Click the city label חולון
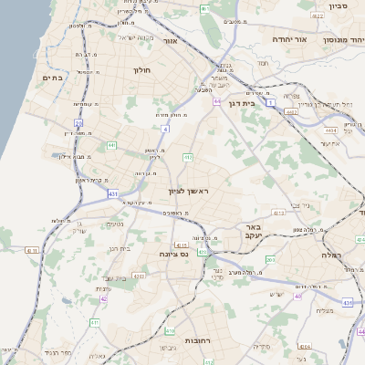pos(141,69)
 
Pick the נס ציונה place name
pos(173,254)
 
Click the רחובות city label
pos(198,339)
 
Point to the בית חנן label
pos(120,247)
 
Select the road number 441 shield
pos(110,144)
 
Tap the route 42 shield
pos(104,298)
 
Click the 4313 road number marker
pos(278,213)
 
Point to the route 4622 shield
pos(290,110)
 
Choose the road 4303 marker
pos(139,274)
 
